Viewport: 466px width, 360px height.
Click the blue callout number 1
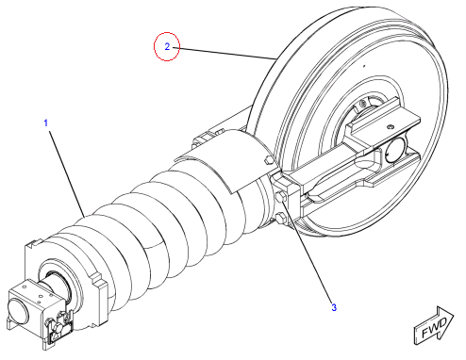pyautogui.click(x=46, y=123)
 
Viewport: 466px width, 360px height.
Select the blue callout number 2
pyautogui.click(x=167, y=47)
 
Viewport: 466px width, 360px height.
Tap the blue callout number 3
pyautogui.click(x=334, y=307)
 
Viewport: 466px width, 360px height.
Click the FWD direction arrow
pyautogui.click(x=434, y=326)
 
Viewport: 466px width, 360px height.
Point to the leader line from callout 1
pyautogui.click(x=67, y=173)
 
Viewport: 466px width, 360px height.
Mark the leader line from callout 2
pyautogui.click(x=224, y=53)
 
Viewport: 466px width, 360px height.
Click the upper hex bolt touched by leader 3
pyautogui.click(x=280, y=197)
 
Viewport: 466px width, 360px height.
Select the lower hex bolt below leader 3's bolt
pyautogui.click(x=280, y=218)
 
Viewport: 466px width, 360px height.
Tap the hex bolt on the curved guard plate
pyautogui.click(x=269, y=160)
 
